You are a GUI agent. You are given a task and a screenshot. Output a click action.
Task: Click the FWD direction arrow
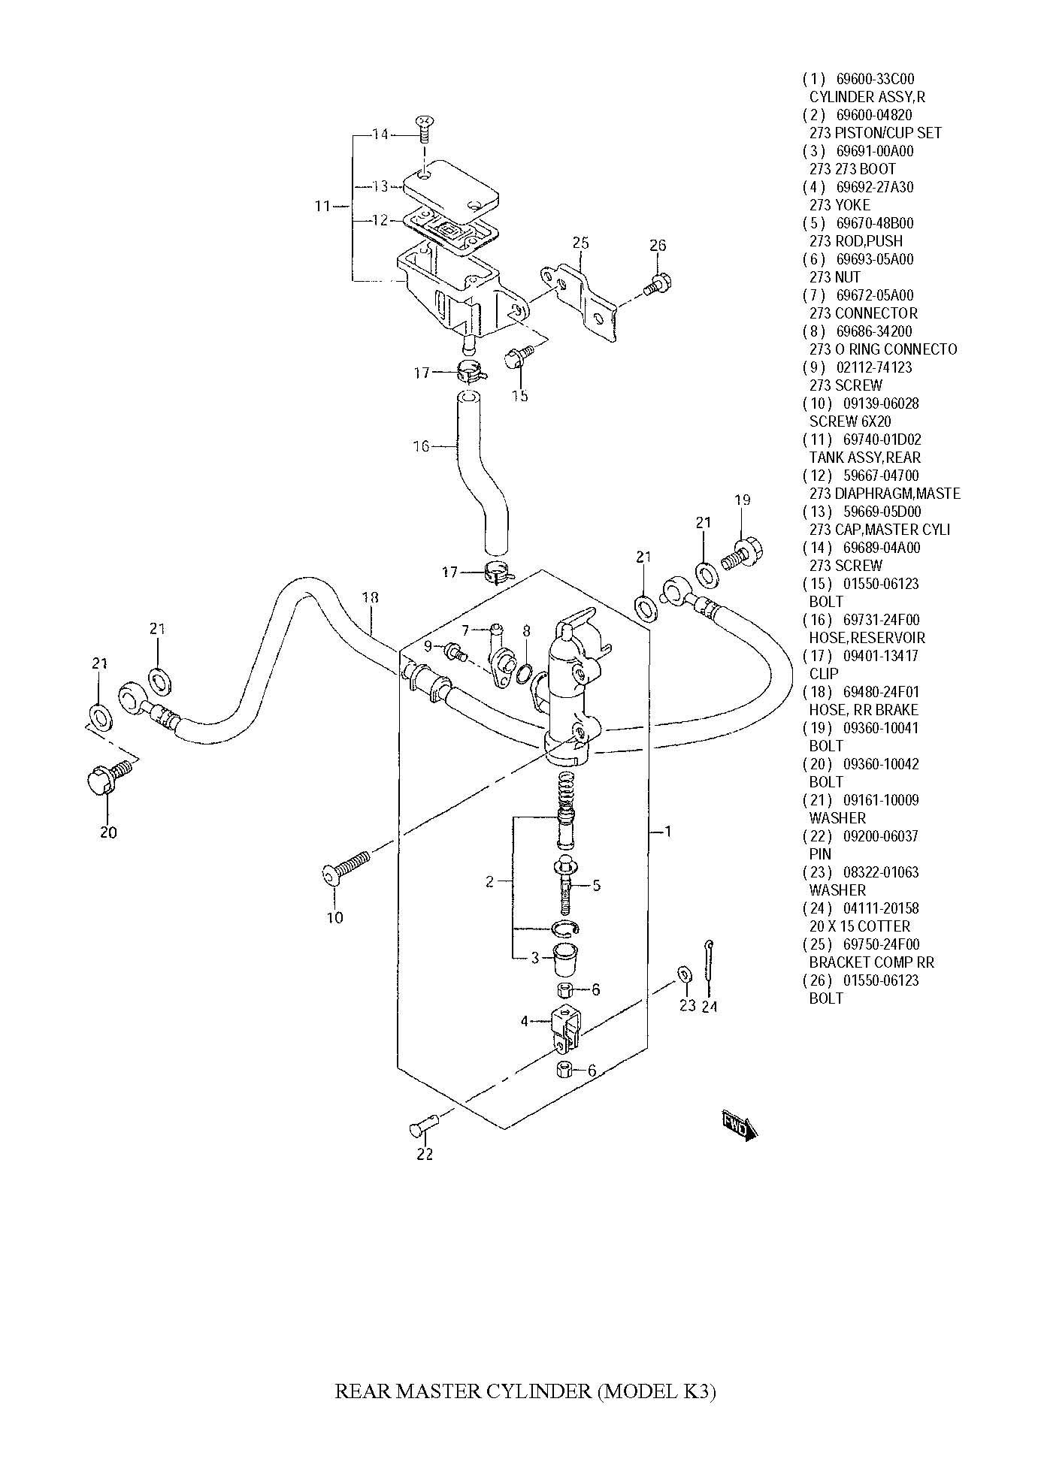pyautogui.click(x=740, y=1126)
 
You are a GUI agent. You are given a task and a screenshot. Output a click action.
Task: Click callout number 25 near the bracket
pyautogui.click(x=580, y=243)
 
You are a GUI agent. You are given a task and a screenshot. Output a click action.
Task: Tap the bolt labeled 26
pyautogui.click(x=657, y=285)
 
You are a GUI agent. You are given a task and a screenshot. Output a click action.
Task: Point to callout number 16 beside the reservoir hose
pyautogui.click(x=421, y=446)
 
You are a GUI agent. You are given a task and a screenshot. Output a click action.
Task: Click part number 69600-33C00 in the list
pyautogui.click(x=875, y=79)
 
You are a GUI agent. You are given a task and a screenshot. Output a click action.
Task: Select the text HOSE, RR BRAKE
pyautogui.click(x=864, y=710)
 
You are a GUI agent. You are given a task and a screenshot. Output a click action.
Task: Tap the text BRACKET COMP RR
pyautogui.click(x=872, y=962)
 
